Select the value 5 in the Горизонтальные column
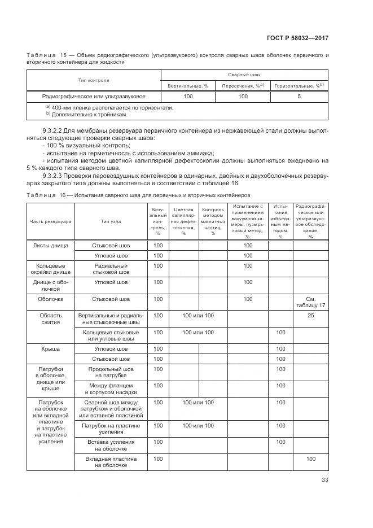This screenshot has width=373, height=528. click(x=299, y=97)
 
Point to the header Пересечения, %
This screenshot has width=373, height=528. click(x=243, y=85)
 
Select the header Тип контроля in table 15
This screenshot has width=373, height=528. click(x=94, y=80)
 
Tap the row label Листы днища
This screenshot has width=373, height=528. click(x=51, y=246)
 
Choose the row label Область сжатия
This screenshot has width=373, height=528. click(x=51, y=319)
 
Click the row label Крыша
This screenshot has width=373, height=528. click(x=51, y=349)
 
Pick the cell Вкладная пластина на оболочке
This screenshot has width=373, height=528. click(x=111, y=462)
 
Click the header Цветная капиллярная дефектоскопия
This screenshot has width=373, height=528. click(x=183, y=221)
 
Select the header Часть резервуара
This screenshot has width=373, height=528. click(x=51, y=221)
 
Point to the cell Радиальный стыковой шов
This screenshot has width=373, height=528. click(x=111, y=269)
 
